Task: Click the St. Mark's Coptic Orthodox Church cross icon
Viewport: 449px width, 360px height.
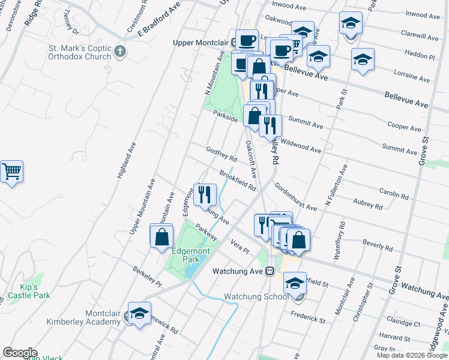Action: coord(120,51)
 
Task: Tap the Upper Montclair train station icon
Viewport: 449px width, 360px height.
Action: coord(234,43)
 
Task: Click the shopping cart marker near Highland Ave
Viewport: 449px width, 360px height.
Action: coord(11,172)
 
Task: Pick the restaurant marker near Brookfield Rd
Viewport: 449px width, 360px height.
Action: coord(205,194)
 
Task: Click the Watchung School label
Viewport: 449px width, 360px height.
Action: coord(256,297)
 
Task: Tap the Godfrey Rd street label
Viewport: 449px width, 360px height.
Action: coord(221,154)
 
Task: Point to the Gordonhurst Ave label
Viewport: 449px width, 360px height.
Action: coord(295,196)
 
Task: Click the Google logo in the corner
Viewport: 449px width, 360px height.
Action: coord(20,352)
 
